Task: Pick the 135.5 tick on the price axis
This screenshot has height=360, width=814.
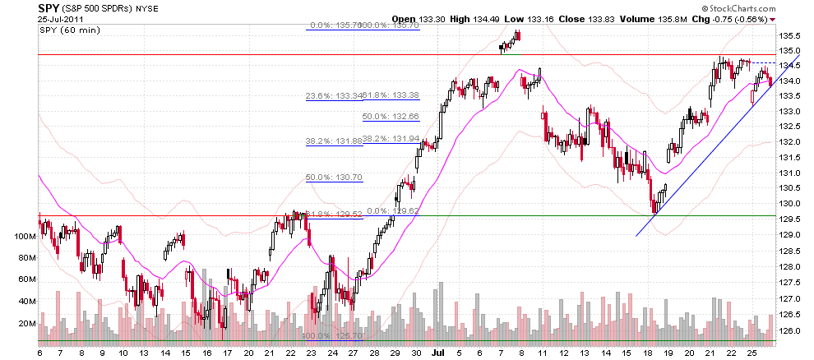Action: [x=790, y=35]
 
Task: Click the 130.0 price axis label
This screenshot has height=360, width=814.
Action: [x=790, y=204]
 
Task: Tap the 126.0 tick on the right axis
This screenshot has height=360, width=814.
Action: [x=790, y=331]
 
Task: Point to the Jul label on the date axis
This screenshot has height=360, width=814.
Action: [x=438, y=352]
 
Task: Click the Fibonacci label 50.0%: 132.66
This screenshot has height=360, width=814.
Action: [x=391, y=117]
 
